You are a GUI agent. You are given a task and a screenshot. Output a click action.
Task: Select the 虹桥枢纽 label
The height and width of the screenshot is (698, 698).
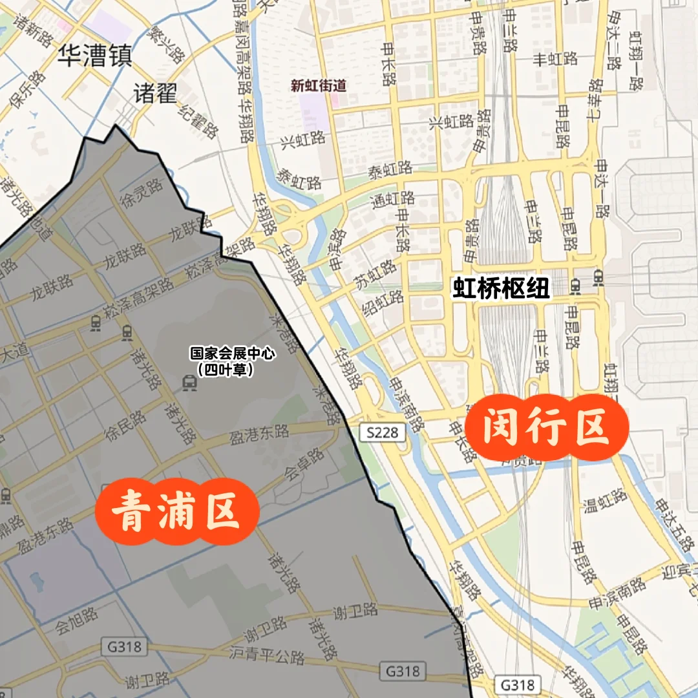point(501,288)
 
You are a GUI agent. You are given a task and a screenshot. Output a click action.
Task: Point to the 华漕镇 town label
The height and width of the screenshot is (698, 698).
point(94,56)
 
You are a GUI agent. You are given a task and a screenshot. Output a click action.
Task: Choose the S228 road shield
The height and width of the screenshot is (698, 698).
point(382,432)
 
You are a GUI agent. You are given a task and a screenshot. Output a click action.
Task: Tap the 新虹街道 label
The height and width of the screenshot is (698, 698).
point(319,85)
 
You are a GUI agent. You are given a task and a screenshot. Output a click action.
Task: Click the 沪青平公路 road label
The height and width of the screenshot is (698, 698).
point(267,655)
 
